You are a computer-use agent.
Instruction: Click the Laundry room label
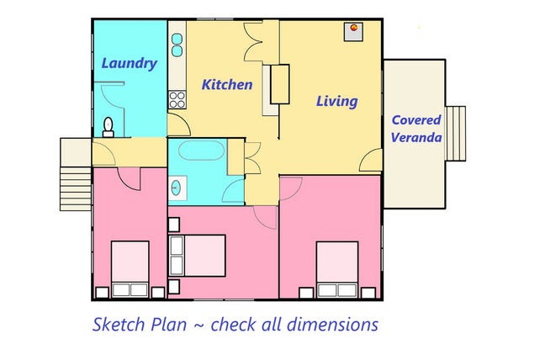(130, 64)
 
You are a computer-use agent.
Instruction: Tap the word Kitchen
(227, 84)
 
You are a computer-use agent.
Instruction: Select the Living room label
(336, 101)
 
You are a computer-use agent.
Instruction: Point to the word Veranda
(416, 137)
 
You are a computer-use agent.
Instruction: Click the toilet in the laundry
(109, 128)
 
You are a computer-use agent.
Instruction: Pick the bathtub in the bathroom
(202, 151)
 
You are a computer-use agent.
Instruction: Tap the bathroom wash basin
(176, 188)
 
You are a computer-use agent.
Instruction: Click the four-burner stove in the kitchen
(177, 100)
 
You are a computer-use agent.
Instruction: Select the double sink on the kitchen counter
(177, 45)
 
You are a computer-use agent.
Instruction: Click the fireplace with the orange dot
(353, 32)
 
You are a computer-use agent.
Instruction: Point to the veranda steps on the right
(455, 134)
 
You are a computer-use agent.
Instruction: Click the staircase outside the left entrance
(76, 188)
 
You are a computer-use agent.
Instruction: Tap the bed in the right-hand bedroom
(337, 269)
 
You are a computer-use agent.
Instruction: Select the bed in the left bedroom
(130, 269)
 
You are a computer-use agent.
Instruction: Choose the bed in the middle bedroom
(197, 256)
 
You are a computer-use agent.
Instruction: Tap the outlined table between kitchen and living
(279, 84)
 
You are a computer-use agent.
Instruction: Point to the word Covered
(416, 120)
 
